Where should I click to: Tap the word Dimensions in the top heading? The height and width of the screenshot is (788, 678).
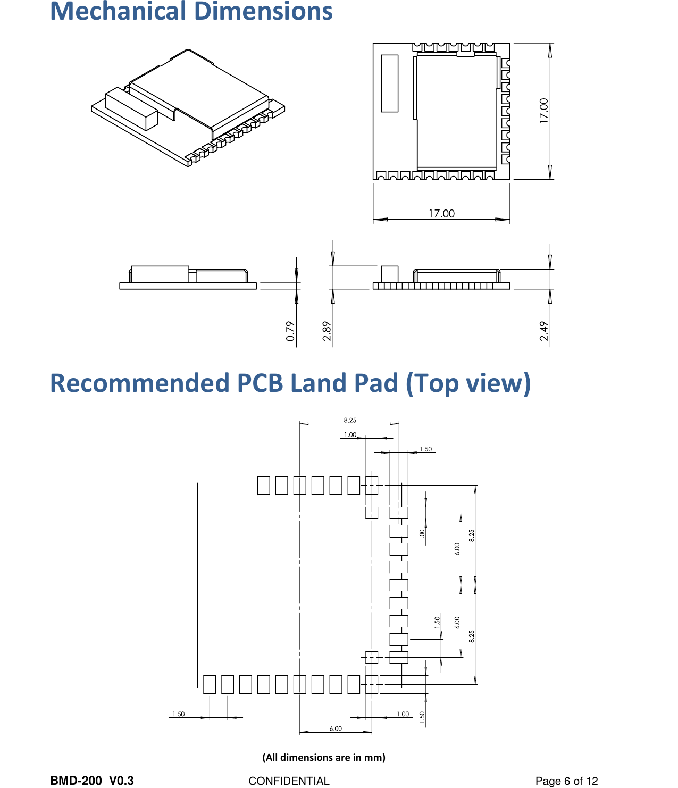click(x=263, y=12)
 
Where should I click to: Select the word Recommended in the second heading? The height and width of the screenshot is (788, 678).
click(x=140, y=383)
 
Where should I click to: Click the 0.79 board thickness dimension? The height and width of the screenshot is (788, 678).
click(x=290, y=331)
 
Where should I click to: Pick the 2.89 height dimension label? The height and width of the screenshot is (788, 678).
click(x=327, y=331)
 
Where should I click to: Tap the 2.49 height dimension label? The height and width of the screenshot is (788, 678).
click(x=543, y=331)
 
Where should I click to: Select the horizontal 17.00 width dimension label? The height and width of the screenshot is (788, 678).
click(x=441, y=214)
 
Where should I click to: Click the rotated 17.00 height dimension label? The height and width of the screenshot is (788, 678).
click(x=543, y=111)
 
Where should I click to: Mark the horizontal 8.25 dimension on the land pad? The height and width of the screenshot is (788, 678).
click(x=350, y=420)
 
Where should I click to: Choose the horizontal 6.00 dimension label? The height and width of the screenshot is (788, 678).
click(x=336, y=728)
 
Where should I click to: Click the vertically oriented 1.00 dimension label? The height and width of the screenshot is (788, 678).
click(x=422, y=535)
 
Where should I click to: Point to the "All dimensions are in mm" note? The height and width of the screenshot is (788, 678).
click(x=324, y=757)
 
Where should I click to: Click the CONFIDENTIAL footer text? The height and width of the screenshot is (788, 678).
click(x=289, y=781)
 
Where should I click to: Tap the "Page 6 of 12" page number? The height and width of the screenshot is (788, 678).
click(x=566, y=781)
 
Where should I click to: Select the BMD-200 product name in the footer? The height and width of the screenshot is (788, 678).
click(x=76, y=781)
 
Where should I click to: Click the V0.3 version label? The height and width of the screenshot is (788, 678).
click(x=121, y=781)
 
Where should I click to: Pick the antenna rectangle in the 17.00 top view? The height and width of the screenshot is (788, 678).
click(x=389, y=83)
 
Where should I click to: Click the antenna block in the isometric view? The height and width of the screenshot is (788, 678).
click(x=132, y=109)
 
